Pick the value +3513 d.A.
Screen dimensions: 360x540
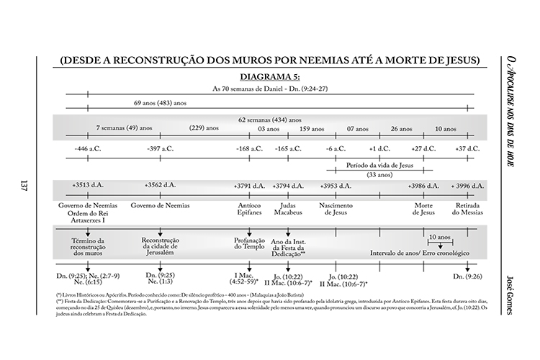[x=88, y=186]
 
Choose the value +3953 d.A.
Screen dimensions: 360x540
[x=336, y=186]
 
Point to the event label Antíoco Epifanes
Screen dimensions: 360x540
[x=249, y=210]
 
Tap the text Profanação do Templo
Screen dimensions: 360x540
[x=249, y=243]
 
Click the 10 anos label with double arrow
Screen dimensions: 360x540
[x=438, y=237]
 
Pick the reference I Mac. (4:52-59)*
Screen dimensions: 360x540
[x=248, y=279]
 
